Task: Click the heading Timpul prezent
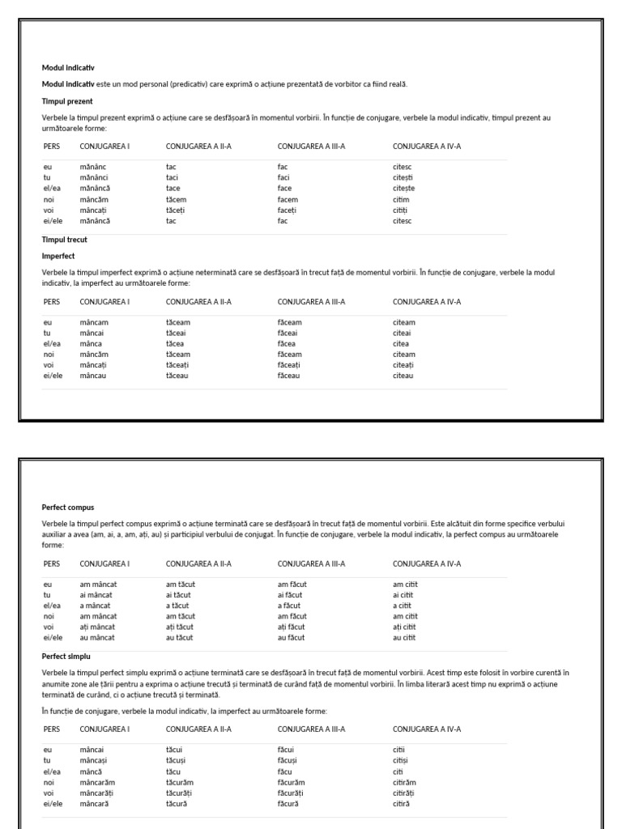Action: pyautogui.click(x=67, y=101)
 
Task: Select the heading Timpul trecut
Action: pyautogui.click(x=64, y=240)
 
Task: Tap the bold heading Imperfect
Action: pyautogui.click(x=58, y=256)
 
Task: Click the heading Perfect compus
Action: pyautogui.click(x=67, y=508)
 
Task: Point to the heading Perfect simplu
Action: pyautogui.click(x=66, y=656)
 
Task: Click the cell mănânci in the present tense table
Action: pyautogui.click(x=93, y=177)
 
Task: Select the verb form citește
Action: pyautogui.click(x=403, y=188)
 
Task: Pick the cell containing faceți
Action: pyautogui.click(x=288, y=210)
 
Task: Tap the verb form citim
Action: pyautogui.click(x=401, y=199)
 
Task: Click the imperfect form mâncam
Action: pyautogui.click(x=94, y=322)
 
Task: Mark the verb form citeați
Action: pyautogui.click(x=403, y=365)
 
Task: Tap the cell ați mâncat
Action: pyautogui.click(x=97, y=627)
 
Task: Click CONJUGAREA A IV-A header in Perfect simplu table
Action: pyautogui.click(x=426, y=729)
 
